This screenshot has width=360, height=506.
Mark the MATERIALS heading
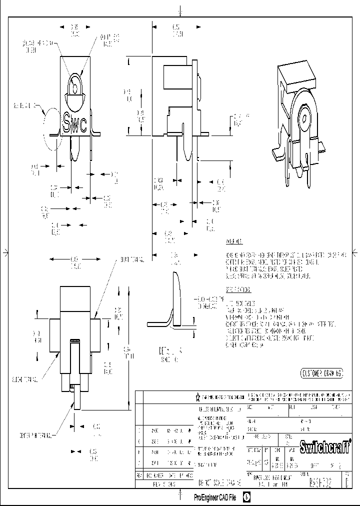[234, 242]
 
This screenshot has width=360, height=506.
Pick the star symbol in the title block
[198, 397]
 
